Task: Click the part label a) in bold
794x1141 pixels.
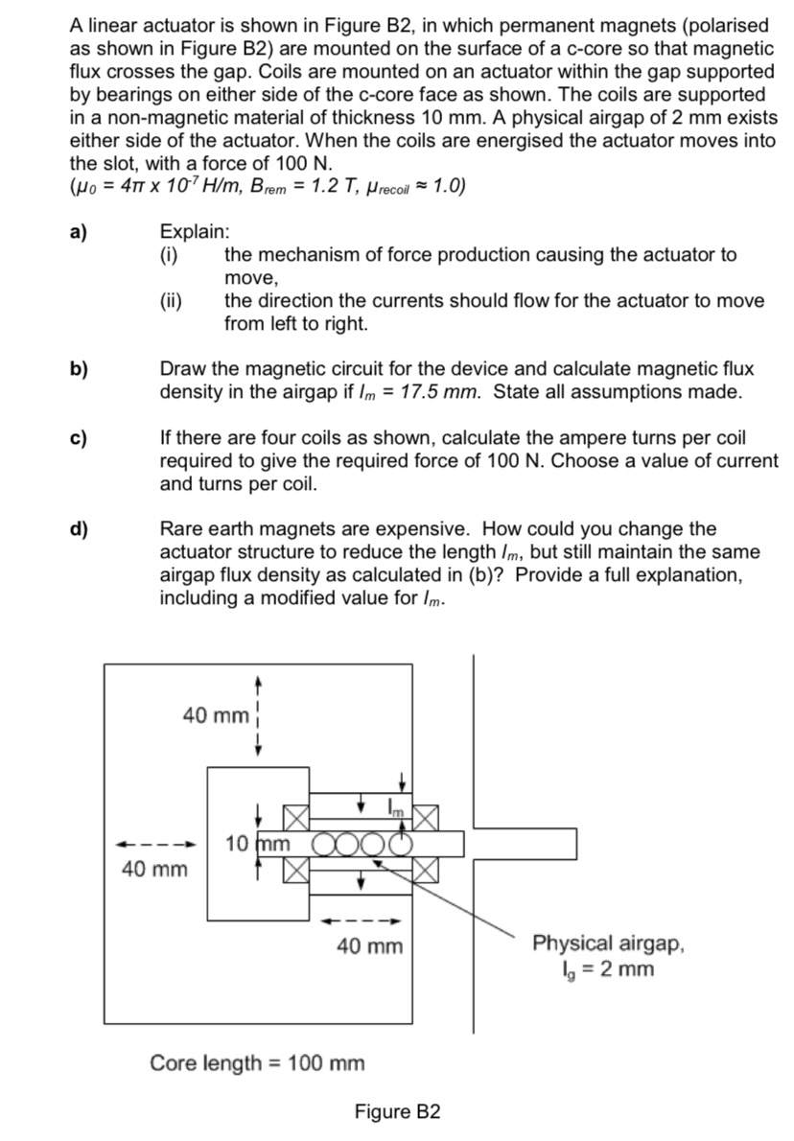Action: tap(79, 233)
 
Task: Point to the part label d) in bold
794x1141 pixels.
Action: tap(79, 529)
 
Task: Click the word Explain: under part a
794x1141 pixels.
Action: tap(195, 233)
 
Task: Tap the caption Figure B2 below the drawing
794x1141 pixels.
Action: tap(397, 1111)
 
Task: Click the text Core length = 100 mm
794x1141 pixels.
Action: tap(257, 1062)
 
